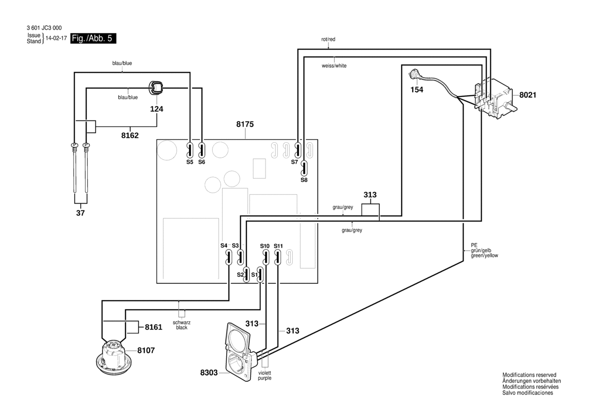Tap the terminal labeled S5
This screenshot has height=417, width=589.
pos(189,150)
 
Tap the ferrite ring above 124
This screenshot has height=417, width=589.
pos(156,89)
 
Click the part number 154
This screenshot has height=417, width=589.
pos(417,90)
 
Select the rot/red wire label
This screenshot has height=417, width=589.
pos(328,39)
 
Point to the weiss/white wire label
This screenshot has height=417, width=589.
pos(334,66)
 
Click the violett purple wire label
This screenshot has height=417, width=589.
pos(265,375)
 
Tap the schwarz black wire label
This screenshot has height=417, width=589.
pos(181,325)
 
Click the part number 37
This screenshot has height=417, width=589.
pos(80,213)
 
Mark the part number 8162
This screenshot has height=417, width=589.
pos(130,135)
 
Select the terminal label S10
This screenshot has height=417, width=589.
pos(265,246)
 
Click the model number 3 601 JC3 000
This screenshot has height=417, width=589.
pos(44,28)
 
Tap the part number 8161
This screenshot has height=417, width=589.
pos(153,327)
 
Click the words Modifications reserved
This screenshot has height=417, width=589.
pos(529,375)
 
